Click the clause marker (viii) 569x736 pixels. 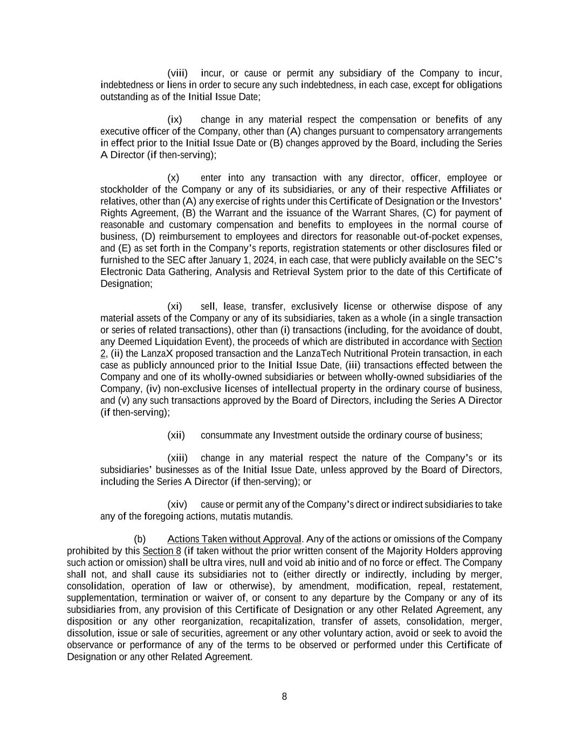pos(177,73)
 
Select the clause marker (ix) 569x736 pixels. pos(175,120)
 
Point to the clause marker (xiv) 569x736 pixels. pos(177,505)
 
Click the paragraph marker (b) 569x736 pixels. pos(140,539)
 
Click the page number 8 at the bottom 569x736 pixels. pos(284,697)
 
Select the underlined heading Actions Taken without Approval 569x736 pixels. pos(234,539)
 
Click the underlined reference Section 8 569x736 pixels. pos(162,551)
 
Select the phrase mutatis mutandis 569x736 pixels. pos(260,517)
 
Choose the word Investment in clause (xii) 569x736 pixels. pos(296,435)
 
